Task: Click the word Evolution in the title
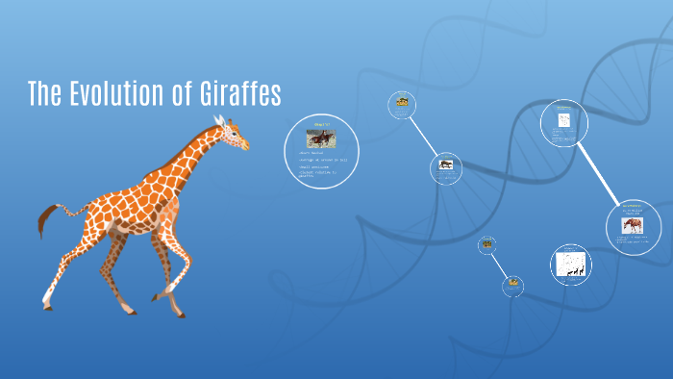tap(121, 94)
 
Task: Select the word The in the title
tap(44, 94)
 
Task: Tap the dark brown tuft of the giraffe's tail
tap(44, 222)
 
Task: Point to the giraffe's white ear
tap(218, 121)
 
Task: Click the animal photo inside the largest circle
tap(320, 138)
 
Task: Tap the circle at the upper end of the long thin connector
tap(402, 104)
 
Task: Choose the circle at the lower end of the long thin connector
tap(445, 168)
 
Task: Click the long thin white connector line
tap(423, 136)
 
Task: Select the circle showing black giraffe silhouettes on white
tap(570, 264)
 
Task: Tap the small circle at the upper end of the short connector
tap(487, 244)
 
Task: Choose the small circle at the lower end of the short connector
tap(513, 285)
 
